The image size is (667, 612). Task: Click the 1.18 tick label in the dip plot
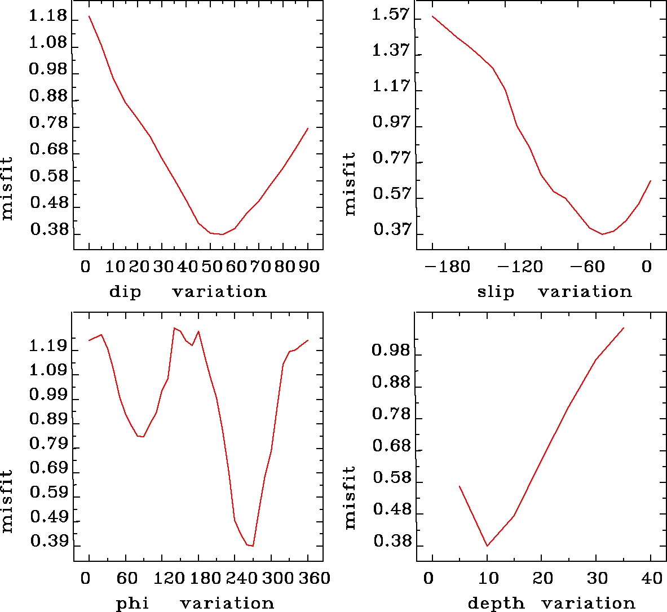click(x=48, y=16)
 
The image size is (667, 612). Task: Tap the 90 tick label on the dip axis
click(x=308, y=266)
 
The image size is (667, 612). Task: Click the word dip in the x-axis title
click(x=125, y=292)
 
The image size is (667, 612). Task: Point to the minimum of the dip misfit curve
click(x=222, y=234)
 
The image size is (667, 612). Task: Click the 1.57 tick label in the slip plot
click(x=390, y=15)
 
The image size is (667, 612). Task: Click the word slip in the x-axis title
click(x=496, y=292)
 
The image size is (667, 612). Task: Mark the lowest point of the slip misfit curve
click(x=602, y=234)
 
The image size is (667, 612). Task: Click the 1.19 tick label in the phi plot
click(x=48, y=346)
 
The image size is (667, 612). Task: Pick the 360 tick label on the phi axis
click(x=311, y=578)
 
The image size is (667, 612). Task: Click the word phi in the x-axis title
click(x=132, y=604)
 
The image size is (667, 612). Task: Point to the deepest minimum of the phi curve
click(x=253, y=546)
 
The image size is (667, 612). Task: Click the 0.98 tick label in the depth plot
click(x=390, y=351)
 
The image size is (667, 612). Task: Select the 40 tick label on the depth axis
click(x=652, y=578)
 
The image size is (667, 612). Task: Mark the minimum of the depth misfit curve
click(x=487, y=546)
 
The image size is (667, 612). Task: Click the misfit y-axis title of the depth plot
click(x=350, y=497)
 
